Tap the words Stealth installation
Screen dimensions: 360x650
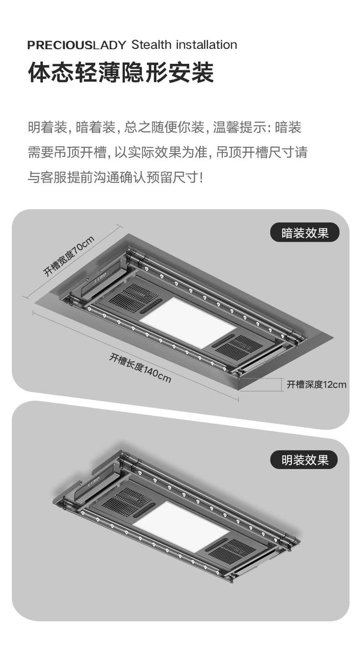pos(184,45)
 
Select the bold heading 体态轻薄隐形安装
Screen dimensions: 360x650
pos(121,73)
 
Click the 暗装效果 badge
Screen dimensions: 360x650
pos(305,233)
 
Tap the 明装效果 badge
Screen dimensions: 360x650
pos(305,459)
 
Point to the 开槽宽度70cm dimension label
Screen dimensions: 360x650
pos(69,256)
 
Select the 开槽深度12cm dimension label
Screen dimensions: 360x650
pos(316,385)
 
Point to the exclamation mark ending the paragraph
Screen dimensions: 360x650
pos(202,177)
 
